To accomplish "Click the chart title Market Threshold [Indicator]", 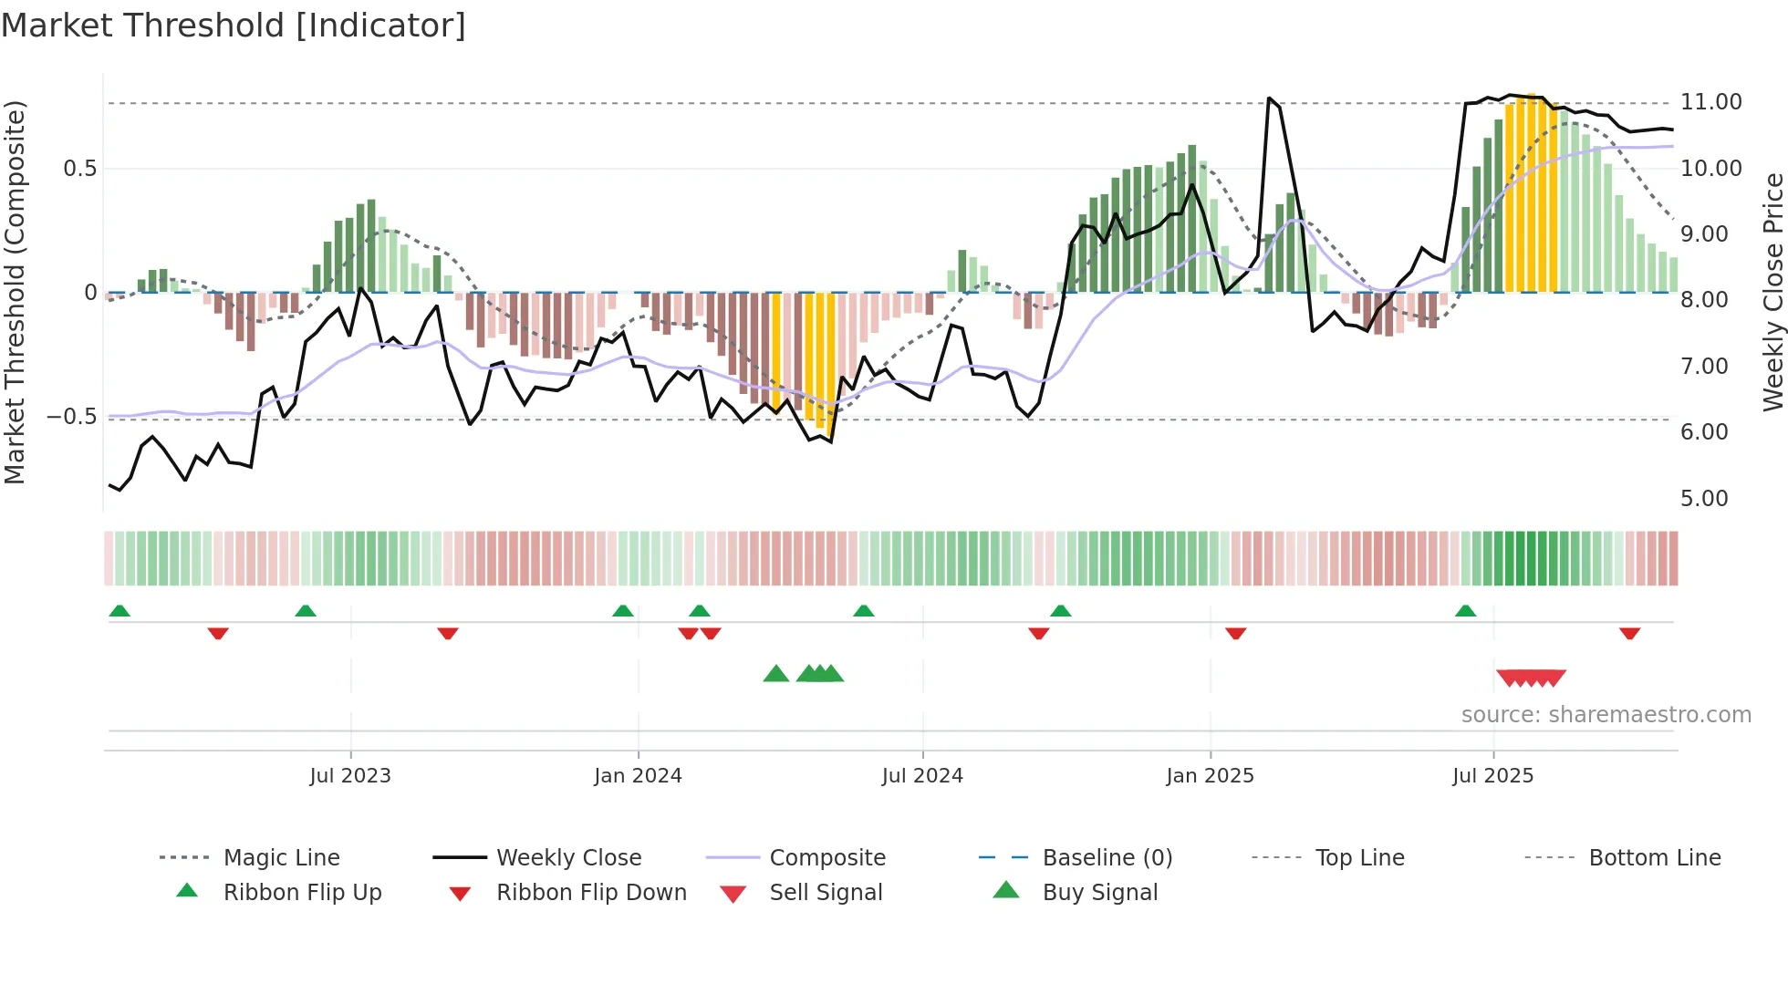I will [234, 26].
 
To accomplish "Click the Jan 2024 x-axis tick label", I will [638, 775].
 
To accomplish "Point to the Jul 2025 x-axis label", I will [1492, 775].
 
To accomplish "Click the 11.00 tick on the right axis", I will [1710, 102].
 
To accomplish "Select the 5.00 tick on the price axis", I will [1703, 498].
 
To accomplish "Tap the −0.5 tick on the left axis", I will [71, 417].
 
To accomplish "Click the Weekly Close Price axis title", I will [1772, 292].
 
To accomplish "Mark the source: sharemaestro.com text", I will [1606, 714].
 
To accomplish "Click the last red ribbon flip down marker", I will [1629, 633].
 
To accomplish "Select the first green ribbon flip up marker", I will [120, 611].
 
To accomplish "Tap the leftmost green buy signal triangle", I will [775, 674].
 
